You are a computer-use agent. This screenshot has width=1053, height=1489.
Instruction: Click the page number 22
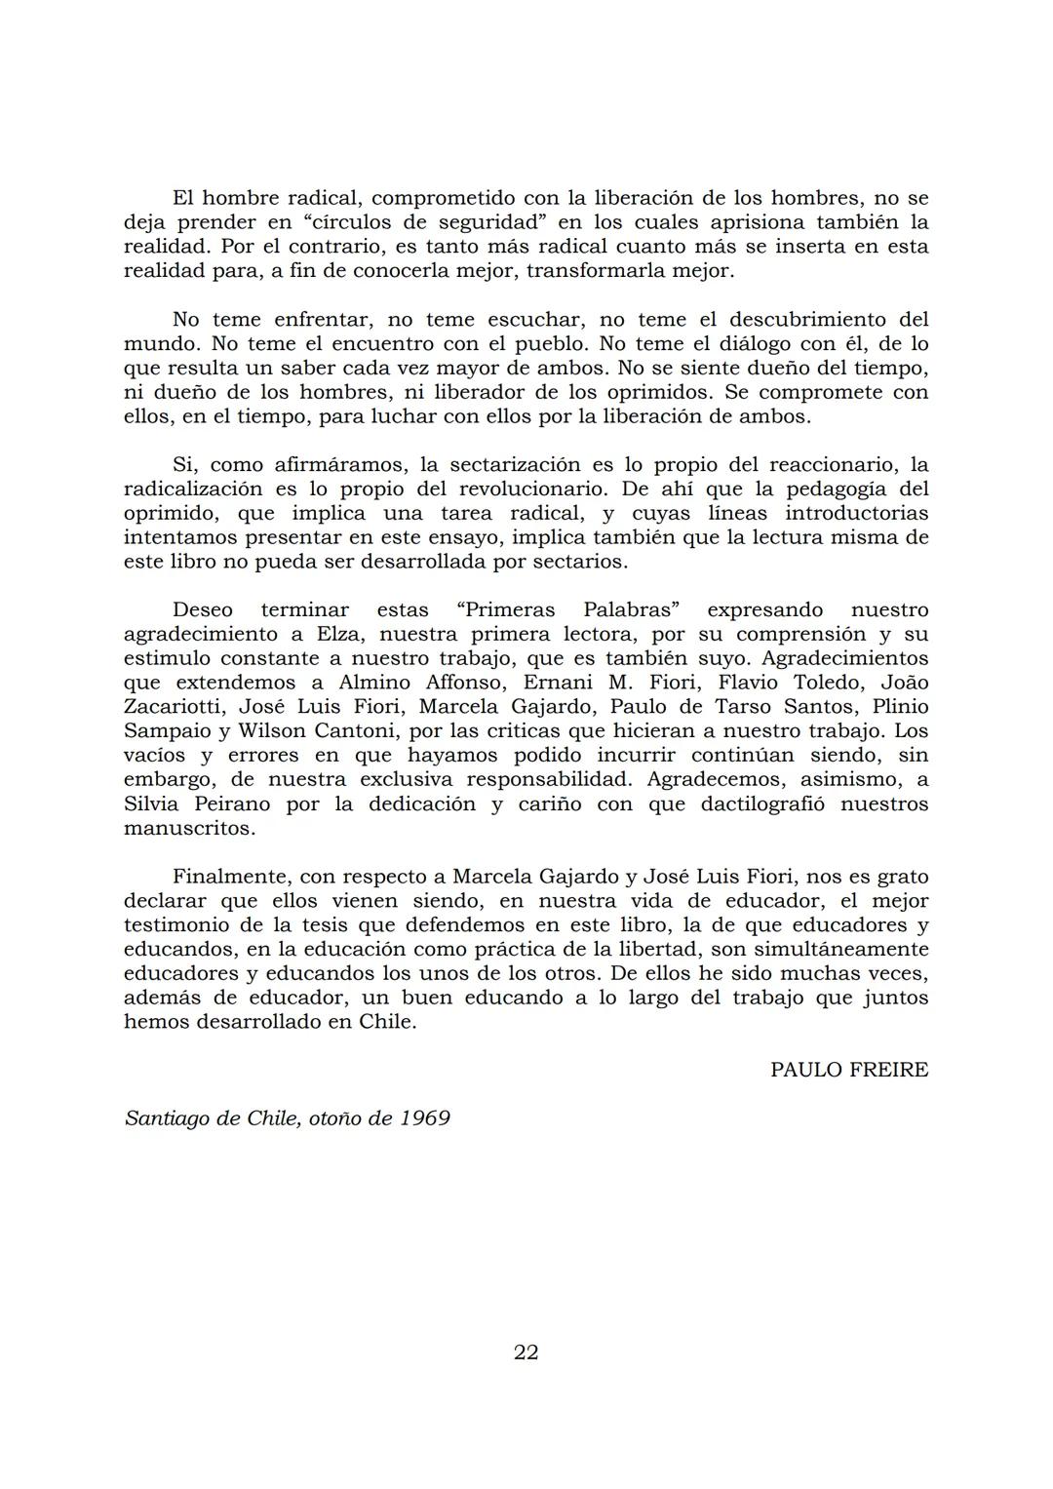pos(526,1352)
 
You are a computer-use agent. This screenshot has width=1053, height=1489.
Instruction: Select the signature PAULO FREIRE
pos(848,1070)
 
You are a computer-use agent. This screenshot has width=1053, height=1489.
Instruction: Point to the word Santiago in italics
pos(167,1117)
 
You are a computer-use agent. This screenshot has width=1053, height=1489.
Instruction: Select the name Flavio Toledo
pos(803,683)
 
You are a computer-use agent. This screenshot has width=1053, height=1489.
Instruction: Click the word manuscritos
pos(189,828)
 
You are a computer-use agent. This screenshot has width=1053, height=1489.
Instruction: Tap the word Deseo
pos(203,610)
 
